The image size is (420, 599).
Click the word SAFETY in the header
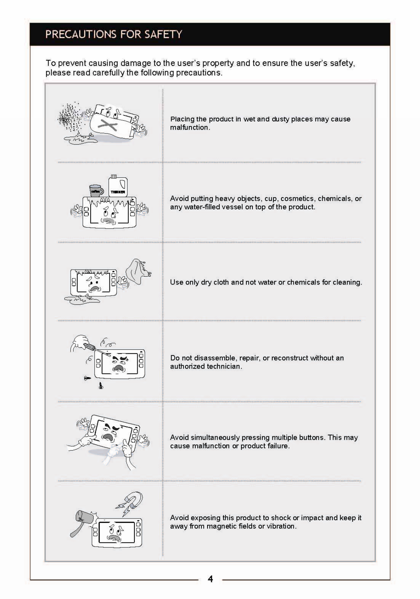pyautogui.click(x=163, y=34)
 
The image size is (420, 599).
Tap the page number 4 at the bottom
pyautogui.click(x=210, y=579)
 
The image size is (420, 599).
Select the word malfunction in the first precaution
pyautogui.click(x=189, y=127)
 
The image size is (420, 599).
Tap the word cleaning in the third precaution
pyautogui.click(x=347, y=282)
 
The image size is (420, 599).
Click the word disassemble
pyautogui.click(x=214, y=358)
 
